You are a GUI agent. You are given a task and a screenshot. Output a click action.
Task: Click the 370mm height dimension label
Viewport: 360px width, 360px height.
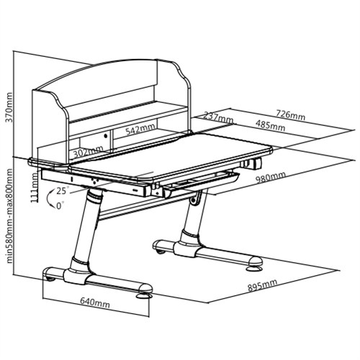(9, 107)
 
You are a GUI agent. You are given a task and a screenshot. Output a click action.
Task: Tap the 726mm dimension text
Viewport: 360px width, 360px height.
(290, 115)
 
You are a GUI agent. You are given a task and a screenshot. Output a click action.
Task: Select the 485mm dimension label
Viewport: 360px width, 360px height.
(270, 125)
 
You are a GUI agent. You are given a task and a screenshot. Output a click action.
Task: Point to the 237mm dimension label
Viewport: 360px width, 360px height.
(218, 117)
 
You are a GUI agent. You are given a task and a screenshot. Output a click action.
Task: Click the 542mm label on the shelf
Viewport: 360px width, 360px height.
(140, 130)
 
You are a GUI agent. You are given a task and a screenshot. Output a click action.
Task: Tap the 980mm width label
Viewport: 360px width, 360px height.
(270, 177)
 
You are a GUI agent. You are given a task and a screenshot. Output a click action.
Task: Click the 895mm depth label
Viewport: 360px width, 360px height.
(262, 285)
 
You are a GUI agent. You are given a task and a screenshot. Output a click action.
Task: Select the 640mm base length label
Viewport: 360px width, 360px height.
(95, 303)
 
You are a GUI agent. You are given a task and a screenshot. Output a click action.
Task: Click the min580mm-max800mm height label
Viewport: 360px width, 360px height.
(9, 216)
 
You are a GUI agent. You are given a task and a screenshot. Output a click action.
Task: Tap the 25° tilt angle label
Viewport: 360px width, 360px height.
(63, 191)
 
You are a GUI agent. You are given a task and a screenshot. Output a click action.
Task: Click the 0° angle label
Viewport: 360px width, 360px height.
(60, 206)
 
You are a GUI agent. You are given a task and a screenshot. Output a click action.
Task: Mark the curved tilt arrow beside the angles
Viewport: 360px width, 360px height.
(49, 199)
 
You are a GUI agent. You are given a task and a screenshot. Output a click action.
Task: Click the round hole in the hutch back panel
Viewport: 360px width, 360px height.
(105, 136)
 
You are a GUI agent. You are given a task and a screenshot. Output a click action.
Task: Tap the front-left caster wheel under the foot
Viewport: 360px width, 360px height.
(50, 279)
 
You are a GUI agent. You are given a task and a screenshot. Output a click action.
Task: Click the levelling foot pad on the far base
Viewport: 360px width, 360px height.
(254, 268)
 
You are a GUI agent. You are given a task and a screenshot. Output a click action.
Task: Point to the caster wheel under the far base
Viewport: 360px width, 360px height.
(161, 252)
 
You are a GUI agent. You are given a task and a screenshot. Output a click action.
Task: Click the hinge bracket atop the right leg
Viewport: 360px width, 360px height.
(196, 198)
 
